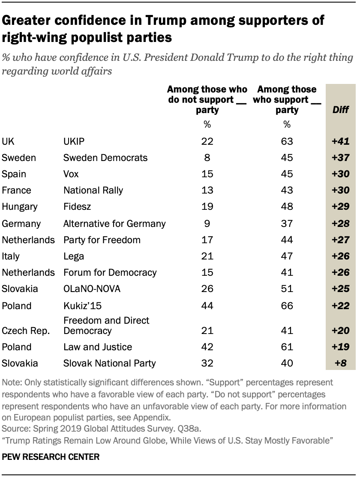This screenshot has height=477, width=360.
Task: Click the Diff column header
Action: (341, 110)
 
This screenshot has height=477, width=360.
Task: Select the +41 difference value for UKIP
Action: (341, 141)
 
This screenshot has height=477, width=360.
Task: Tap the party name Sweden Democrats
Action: (105, 158)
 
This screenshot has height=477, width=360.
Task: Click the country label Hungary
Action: (20, 206)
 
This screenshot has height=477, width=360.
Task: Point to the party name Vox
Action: (71, 174)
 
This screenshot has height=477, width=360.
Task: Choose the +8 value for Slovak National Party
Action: (341, 364)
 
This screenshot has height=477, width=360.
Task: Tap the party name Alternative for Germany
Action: (114, 223)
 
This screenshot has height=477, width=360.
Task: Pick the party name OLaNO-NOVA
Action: (92, 289)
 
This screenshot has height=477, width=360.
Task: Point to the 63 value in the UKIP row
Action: (287, 141)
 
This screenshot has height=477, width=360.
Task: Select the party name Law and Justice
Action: (98, 347)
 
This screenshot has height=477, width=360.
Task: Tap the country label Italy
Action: (11, 256)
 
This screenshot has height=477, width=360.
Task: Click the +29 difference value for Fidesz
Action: (341, 206)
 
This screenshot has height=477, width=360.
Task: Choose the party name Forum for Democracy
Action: (110, 272)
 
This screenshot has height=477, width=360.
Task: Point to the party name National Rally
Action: (93, 190)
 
